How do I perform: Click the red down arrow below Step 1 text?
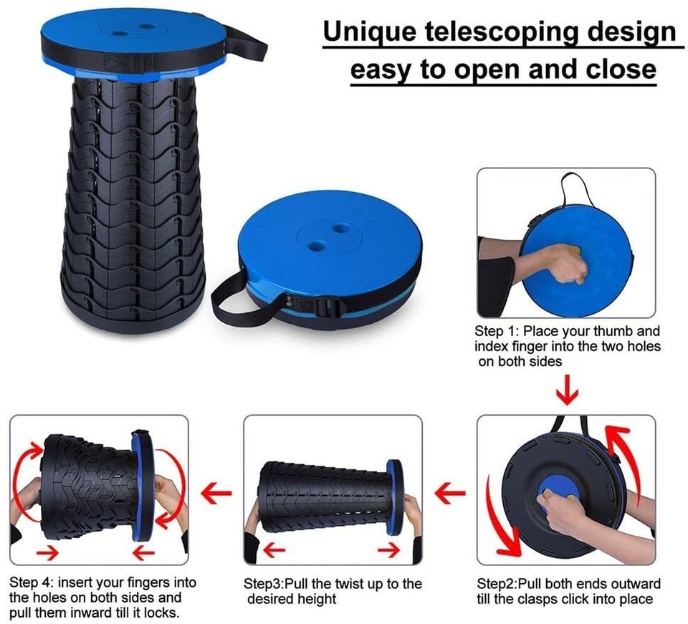click(x=568, y=391)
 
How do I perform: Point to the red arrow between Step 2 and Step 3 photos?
click(x=450, y=492)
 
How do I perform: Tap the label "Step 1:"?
click(x=497, y=332)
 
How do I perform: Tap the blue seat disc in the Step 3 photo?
click(x=393, y=498)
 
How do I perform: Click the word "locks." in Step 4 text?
click(x=163, y=613)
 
